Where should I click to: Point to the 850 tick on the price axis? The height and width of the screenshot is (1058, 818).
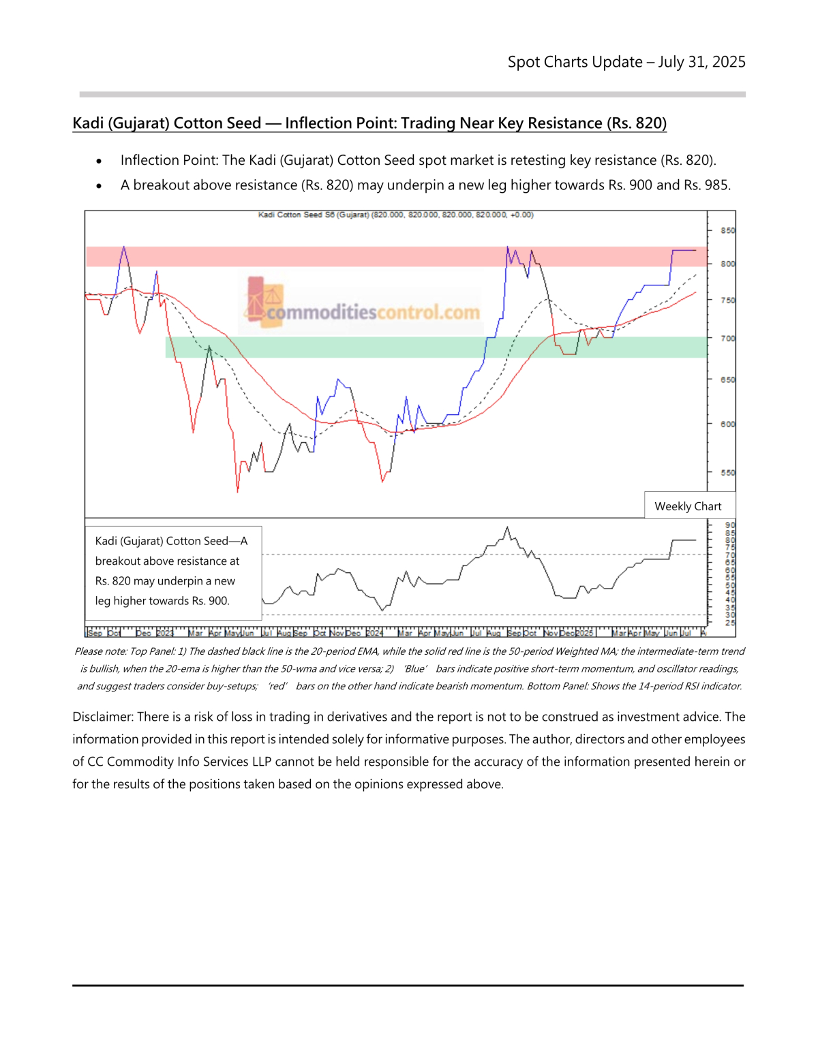(728, 230)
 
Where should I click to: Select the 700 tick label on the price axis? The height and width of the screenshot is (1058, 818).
(728, 338)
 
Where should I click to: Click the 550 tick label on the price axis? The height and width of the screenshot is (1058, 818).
(728, 472)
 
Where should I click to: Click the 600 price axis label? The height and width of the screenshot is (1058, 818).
(728, 424)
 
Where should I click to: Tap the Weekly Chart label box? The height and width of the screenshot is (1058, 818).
(688, 506)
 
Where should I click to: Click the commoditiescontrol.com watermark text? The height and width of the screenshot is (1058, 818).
(373, 313)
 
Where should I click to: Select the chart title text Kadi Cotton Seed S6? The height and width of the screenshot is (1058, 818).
(314, 215)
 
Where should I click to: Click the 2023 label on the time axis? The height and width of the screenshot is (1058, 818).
(165, 633)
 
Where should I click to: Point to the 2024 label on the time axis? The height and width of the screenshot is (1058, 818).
(374, 633)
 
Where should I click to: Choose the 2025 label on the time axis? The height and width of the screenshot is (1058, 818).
(584, 633)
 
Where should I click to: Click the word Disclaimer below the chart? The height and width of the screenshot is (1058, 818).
(103, 717)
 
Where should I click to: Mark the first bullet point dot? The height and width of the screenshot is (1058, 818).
(100, 161)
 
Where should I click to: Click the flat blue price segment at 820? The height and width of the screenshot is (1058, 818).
(684, 250)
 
